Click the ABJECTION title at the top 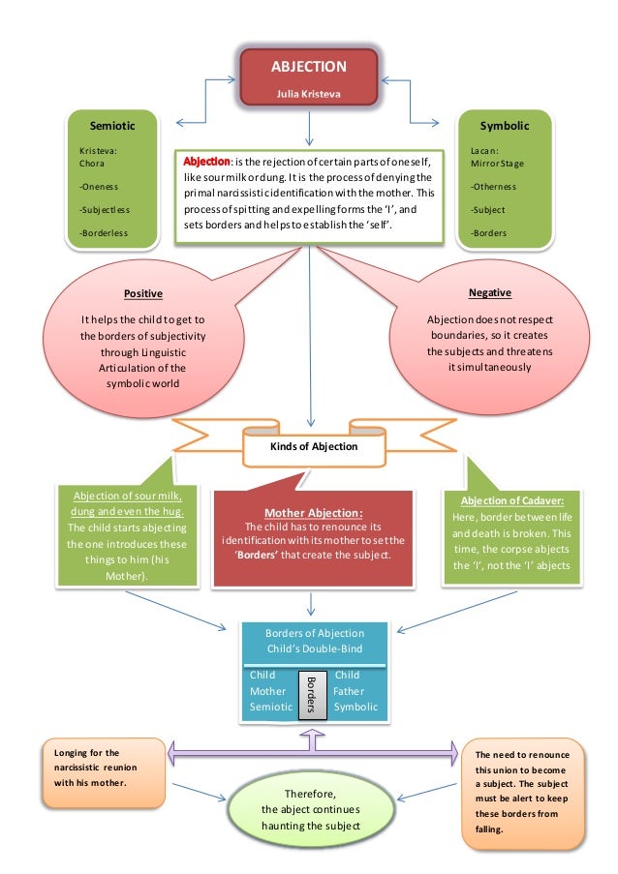[x=308, y=67]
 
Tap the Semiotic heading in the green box [x=111, y=126]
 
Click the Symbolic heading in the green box [x=504, y=126]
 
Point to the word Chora [x=91, y=164]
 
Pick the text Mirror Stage [x=498, y=164]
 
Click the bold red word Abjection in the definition [x=207, y=161]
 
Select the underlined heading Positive [x=142, y=293]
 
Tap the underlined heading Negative [x=489, y=292]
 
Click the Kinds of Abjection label [x=314, y=446]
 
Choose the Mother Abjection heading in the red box [x=312, y=513]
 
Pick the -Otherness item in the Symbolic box [x=493, y=187]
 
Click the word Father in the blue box [x=348, y=691]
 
